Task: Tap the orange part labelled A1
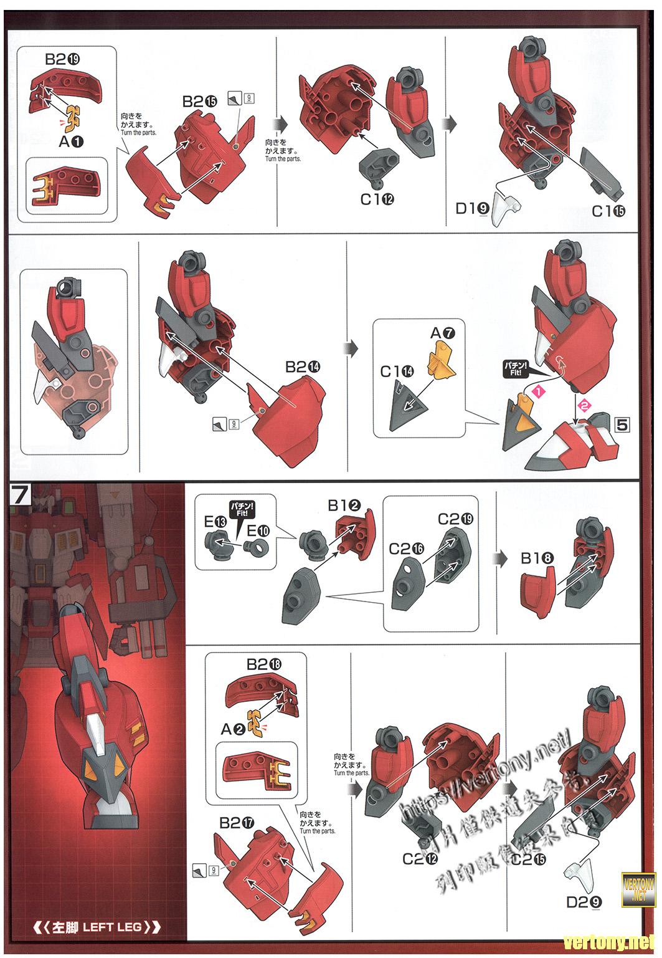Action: pyautogui.click(x=73, y=115)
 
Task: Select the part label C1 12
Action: pyautogui.click(x=377, y=199)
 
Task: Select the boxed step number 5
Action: pyautogui.click(x=621, y=424)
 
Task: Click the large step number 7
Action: pyautogui.click(x=21, y=496)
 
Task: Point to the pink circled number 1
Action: pyautogui.click(x=538, y=391)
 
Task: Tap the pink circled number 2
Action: pyautogui.click(x=584, y=405)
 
